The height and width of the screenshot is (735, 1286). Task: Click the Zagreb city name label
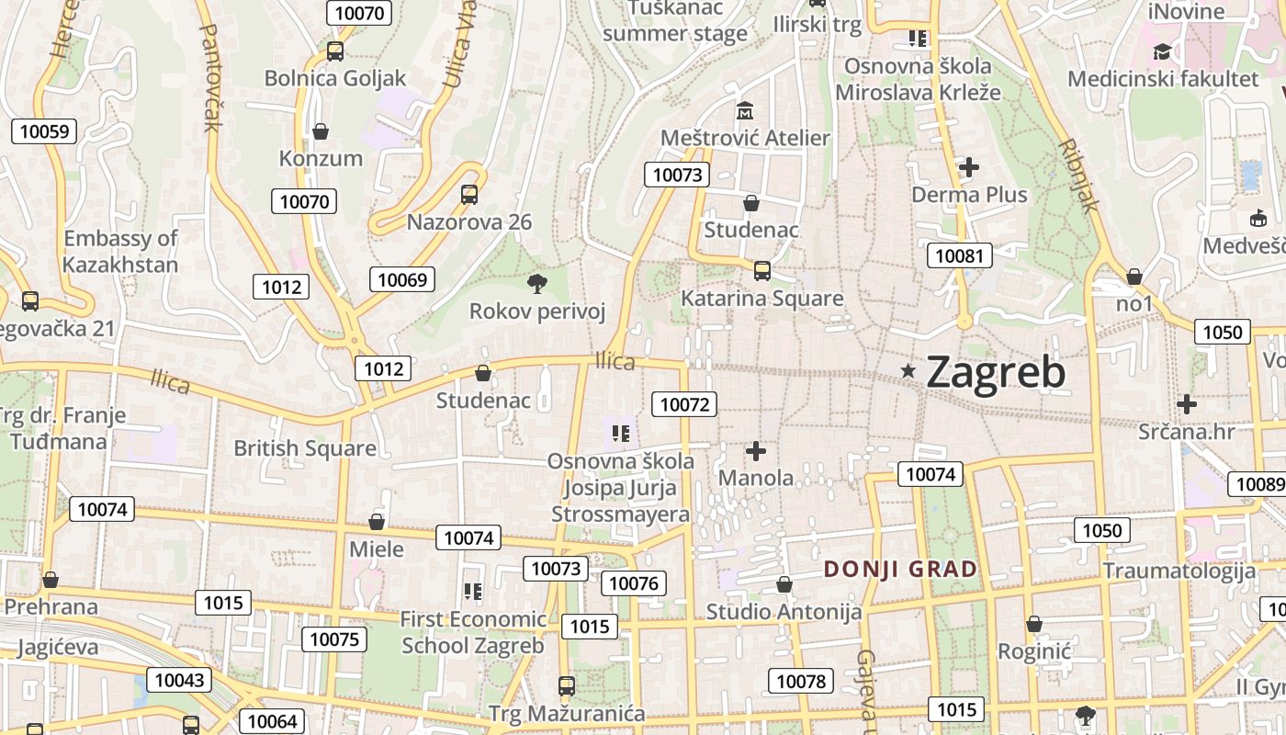point(996,372)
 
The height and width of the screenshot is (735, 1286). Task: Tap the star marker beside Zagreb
point(908,370)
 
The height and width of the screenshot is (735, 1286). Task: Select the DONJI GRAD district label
point(900,569)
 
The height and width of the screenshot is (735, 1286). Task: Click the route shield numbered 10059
point(44,131)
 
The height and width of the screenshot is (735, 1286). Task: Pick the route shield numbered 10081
point(959,255)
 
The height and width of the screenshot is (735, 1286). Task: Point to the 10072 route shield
point(684,403)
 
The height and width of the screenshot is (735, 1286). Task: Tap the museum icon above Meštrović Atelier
point(744,111)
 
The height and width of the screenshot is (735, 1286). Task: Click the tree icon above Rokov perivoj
point(537,284)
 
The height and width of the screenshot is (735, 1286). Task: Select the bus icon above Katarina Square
point(761,270)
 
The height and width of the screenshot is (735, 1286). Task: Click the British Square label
point(305,448)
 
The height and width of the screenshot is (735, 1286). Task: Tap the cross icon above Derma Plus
point(968,167)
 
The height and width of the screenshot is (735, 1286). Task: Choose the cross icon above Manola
point(755,451)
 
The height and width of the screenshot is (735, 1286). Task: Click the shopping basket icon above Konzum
point(321,131)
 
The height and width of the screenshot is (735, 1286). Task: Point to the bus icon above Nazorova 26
point(468,194)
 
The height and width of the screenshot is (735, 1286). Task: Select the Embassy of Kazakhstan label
point(120,252)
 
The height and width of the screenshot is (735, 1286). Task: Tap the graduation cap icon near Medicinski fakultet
point(1162,51)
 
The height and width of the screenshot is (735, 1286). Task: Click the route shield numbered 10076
point(634,583)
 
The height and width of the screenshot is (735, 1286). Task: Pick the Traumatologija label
point(1179,571)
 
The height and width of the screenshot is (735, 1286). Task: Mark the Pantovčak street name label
point(209,78)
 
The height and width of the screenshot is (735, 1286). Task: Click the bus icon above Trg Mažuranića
point(567,685)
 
